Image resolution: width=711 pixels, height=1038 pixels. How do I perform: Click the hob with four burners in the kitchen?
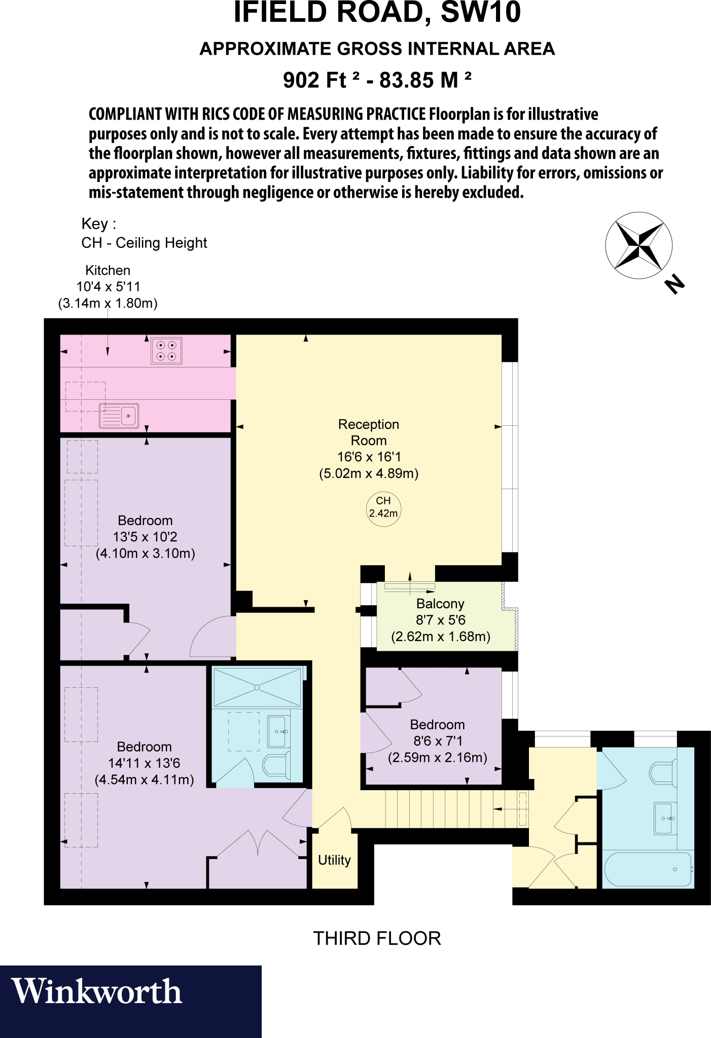(166, 351)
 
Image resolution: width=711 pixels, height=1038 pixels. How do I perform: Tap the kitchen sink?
(119, 416)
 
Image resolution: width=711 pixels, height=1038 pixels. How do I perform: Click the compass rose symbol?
(638, 245)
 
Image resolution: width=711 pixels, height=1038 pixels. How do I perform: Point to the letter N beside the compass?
(674, 284)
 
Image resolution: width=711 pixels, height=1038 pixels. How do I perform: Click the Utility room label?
(334, 860)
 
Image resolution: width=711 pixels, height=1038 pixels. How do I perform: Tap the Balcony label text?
(440, 604)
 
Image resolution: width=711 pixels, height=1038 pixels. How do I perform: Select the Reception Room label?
(369, 432)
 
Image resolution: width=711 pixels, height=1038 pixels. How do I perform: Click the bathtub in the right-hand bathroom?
(648, 869)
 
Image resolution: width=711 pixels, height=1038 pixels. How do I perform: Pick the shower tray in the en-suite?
(257, 687)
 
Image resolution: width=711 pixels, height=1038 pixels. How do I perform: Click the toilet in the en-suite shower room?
(277, 764)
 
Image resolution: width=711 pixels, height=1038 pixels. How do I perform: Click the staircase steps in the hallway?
(446, 809)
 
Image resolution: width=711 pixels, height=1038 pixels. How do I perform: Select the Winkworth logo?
(96, 992)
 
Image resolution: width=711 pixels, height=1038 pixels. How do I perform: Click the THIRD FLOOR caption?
(377, 939)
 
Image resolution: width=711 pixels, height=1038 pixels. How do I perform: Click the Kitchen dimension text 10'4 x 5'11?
(108, 287)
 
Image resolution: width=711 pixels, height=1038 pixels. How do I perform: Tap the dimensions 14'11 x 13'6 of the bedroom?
(144, 763)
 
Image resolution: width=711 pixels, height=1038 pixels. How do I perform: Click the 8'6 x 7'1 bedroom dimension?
(438, 741)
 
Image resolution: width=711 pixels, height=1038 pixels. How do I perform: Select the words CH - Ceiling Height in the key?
(144, 243)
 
